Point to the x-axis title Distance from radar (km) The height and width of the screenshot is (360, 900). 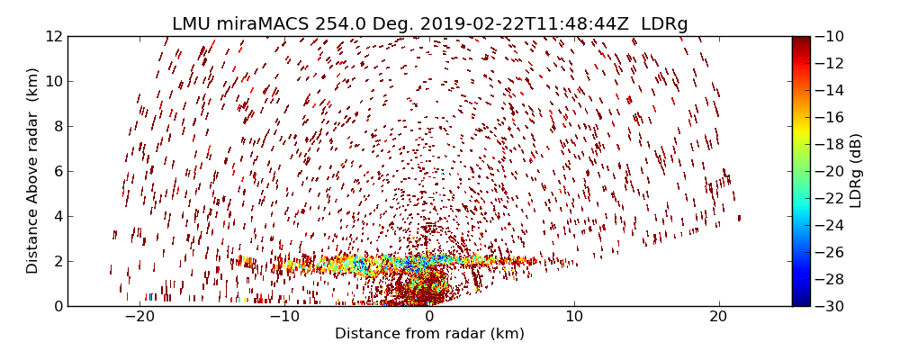(429, 334)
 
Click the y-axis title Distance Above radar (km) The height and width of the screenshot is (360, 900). (33, 171)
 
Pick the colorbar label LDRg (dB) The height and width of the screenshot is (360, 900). (856, 171)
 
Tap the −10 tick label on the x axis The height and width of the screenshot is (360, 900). (283, 317)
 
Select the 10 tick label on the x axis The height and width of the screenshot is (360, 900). (574, 317)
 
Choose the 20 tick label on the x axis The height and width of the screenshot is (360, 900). (718, 317)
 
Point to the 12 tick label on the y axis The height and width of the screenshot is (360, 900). (53, 36)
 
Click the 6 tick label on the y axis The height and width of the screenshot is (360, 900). (57, 171)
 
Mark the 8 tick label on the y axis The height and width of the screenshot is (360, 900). (57, 126)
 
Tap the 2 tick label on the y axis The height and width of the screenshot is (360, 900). (57, 261)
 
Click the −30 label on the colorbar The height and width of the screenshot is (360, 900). (827, 306)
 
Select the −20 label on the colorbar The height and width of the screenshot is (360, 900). (827, 171)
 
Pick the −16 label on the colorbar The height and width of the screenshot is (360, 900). (827, 117)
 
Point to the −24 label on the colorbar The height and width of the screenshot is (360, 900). (827, 225)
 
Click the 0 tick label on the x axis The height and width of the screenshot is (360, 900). (429, 317)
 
